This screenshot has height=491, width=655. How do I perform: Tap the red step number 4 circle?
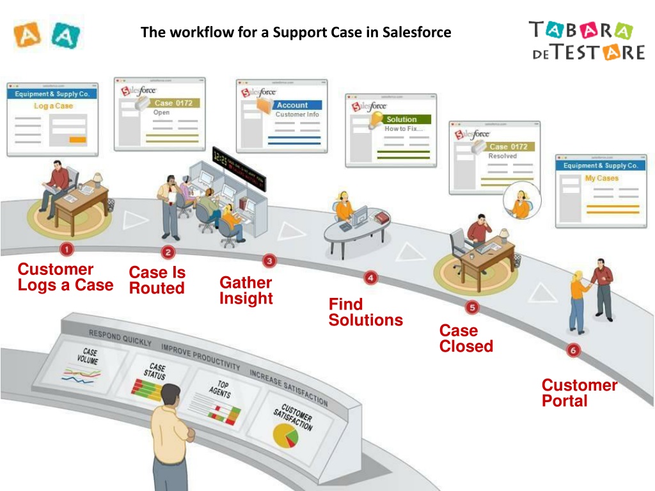[x=370, y=277]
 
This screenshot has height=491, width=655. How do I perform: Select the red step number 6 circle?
[x=573, y=350]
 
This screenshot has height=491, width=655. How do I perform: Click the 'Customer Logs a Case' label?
[x=65, y=277]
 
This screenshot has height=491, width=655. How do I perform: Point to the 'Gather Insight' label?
[x=246, y=290]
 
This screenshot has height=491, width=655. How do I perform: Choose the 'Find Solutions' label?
[x=365, y=312]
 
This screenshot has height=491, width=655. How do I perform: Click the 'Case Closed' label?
[x=466, y=338]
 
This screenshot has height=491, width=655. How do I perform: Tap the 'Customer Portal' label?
[x=579, y=393]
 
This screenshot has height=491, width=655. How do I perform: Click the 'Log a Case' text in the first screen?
[x=53, y=105]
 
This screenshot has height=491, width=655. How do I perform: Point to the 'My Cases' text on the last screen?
[x=601, y=178]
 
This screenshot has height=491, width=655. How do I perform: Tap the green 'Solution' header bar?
[x=407, y=120]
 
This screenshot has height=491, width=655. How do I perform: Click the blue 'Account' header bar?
[x=297, y=105]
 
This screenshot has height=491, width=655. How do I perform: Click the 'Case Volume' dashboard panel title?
[x=88, y=356]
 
